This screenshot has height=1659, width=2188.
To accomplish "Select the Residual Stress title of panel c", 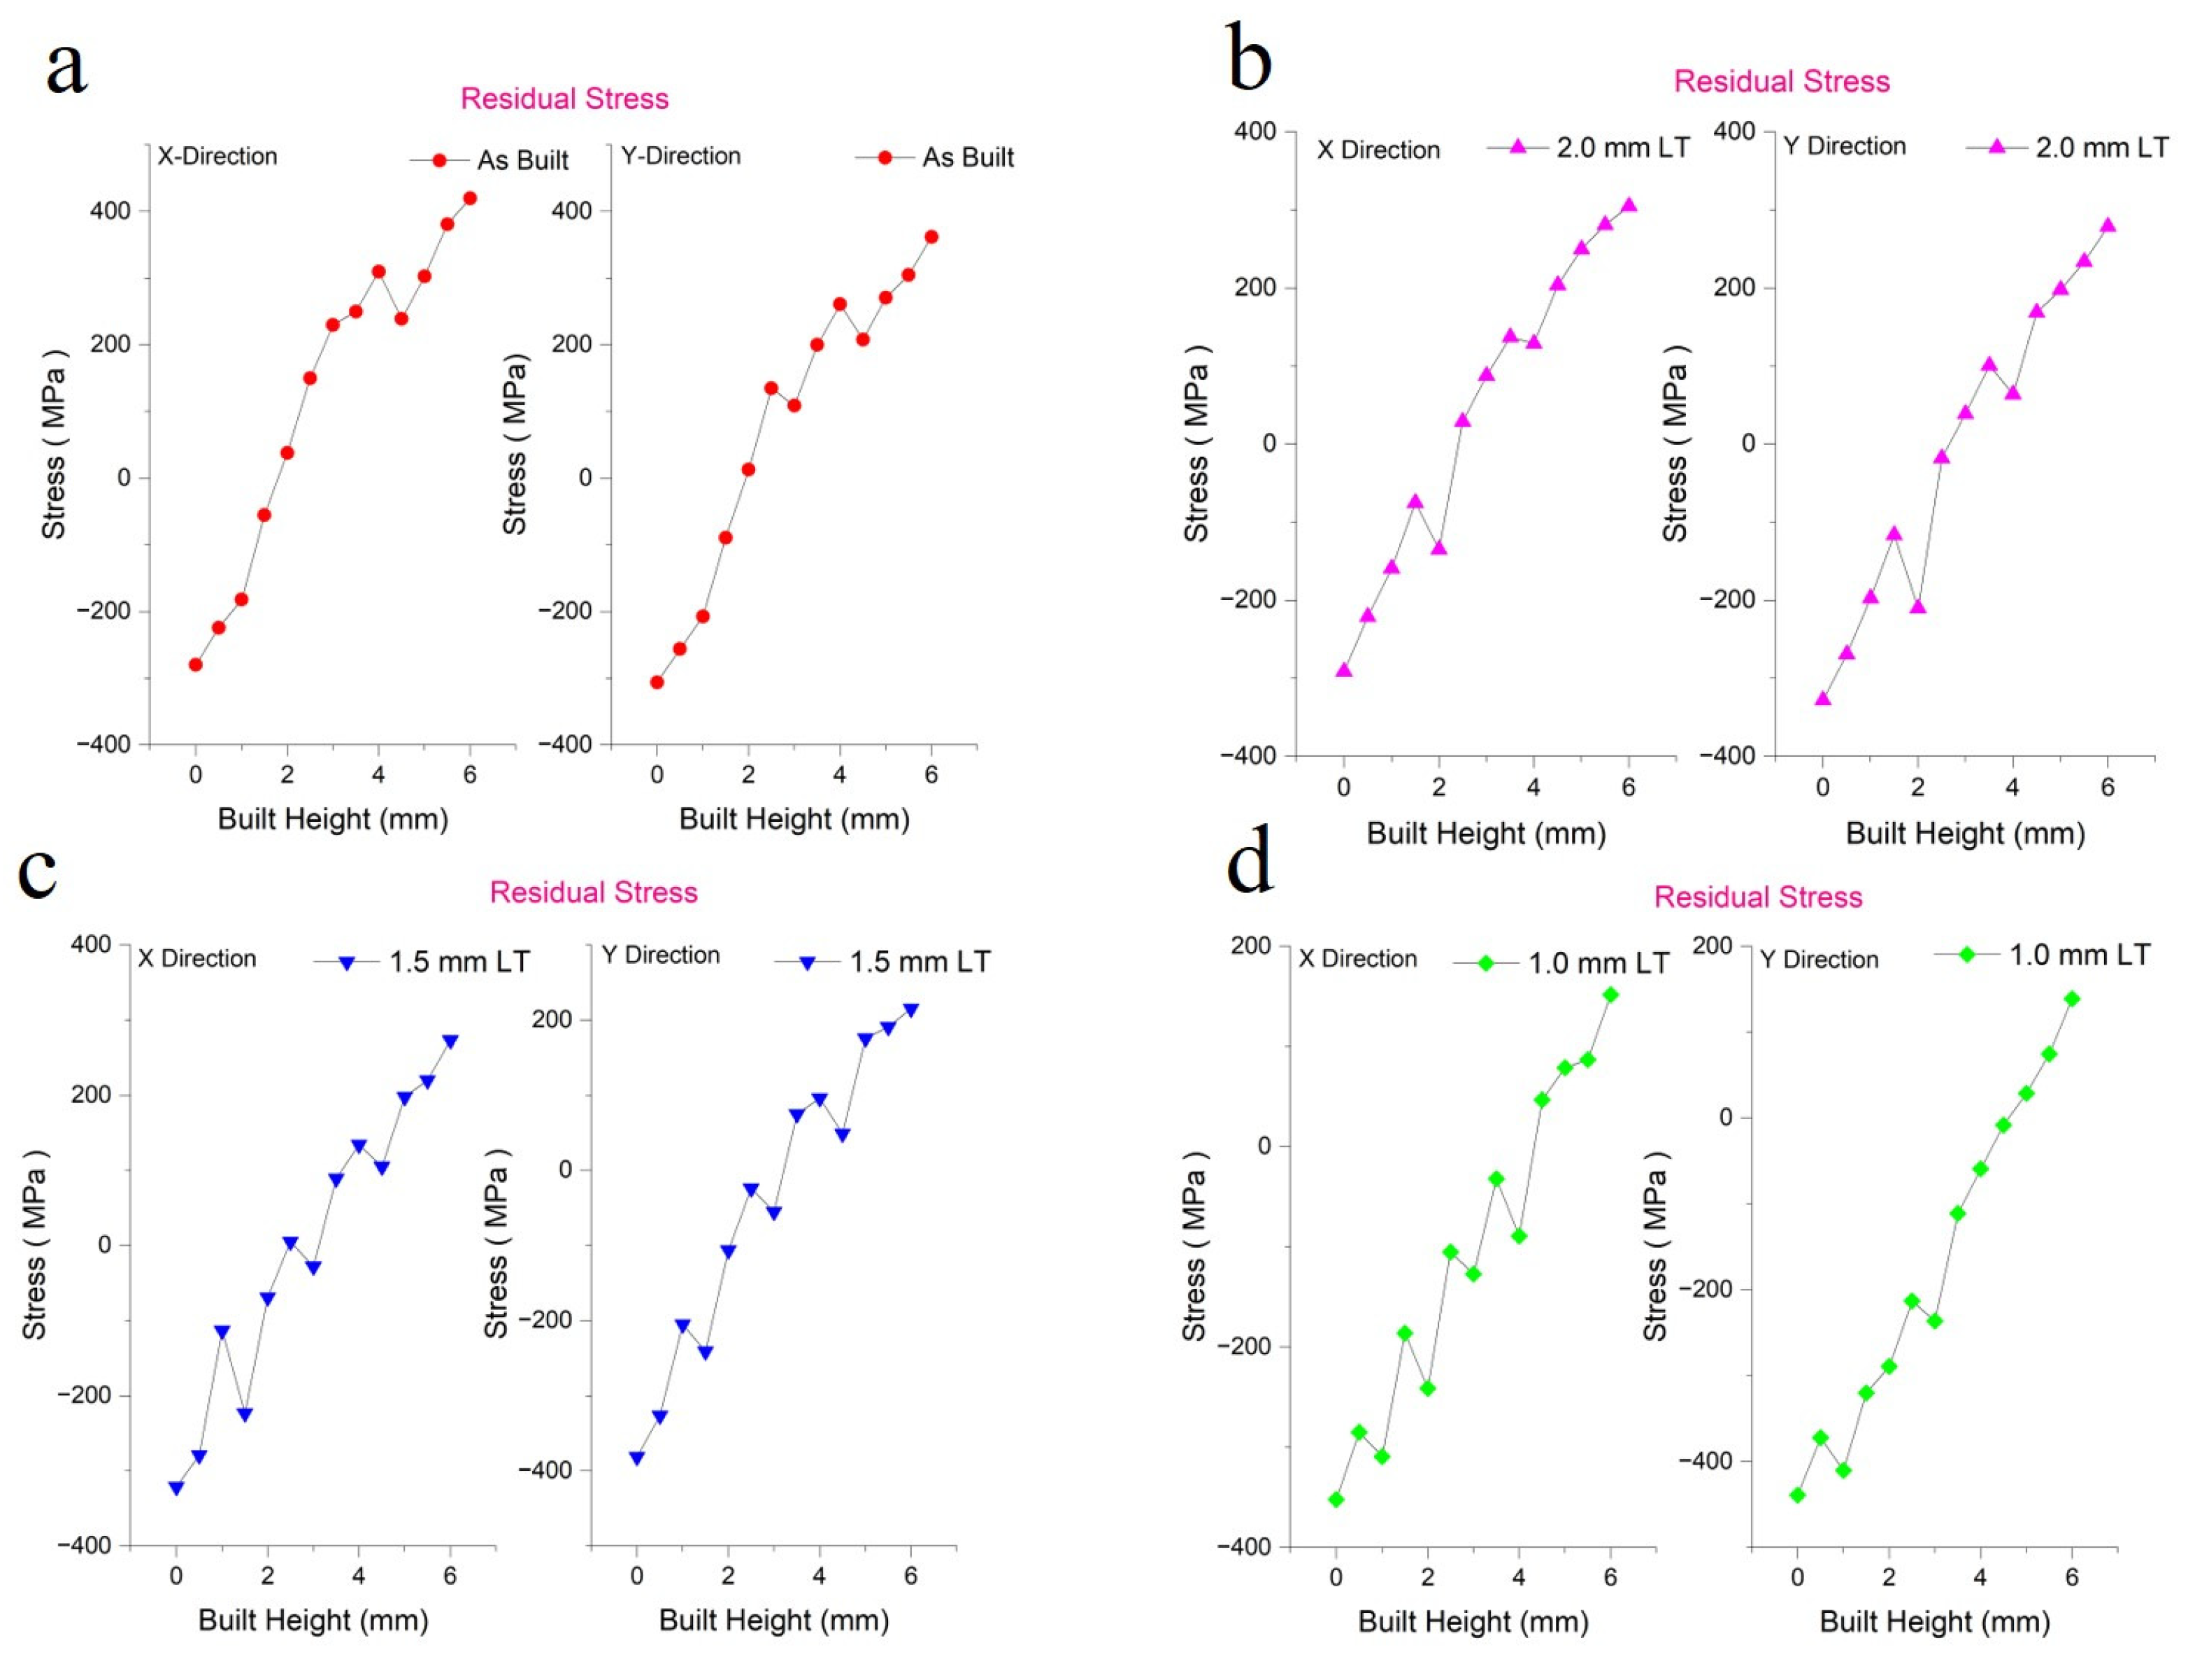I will [x=594, y=892].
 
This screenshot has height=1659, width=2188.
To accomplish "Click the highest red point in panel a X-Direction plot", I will [x=470, y=198].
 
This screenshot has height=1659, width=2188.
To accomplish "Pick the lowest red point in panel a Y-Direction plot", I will [x=657, y=682].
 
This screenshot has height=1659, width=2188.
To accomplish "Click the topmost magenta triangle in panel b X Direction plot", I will [x=1628, y=205].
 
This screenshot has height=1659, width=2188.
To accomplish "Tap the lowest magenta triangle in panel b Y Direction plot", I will [x=1823, y=699].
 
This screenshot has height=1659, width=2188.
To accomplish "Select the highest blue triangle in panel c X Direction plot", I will [x=450, y=1041].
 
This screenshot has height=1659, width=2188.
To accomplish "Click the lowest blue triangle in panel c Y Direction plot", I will [x=637, y=1458].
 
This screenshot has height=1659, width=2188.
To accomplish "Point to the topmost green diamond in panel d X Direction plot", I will [x=1610, y=995].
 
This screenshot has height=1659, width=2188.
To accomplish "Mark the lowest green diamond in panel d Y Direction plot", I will [x=1797, y=1495].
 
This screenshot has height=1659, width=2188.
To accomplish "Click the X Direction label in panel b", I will [x=1377, y=150].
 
